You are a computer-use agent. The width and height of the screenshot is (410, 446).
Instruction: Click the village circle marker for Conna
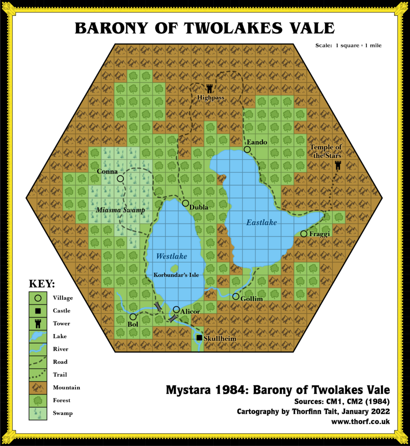(x=120, y=179)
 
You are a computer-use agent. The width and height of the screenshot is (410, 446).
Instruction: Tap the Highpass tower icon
(x=210, y=88)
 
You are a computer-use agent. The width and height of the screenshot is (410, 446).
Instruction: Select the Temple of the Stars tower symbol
(x=338, y=165)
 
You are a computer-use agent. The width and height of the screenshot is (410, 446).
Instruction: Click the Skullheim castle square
(x=199, y=338)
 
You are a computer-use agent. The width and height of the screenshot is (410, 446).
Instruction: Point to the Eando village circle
(x=247, y=149)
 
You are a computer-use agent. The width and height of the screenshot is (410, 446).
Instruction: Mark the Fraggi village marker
(x=304, y=234)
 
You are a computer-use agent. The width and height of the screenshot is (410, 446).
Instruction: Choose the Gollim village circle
(x=236, y=297)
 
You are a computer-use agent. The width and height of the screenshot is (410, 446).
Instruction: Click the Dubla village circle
(x=185, y=203)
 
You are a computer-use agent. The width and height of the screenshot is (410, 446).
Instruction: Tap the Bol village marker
(x=133, y=317)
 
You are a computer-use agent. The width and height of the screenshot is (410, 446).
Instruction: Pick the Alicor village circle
(x=176, y=309)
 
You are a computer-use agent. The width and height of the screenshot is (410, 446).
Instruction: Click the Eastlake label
(x=262, y=223)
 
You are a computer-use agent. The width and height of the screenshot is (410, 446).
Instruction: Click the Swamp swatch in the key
(x=38, y=413)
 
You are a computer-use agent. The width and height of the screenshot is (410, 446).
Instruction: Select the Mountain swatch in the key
(x=38, y=387)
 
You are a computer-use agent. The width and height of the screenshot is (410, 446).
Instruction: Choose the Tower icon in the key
(x=38, y=323)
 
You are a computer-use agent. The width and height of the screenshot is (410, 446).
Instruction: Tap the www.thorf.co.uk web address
(x=360, y=421)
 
